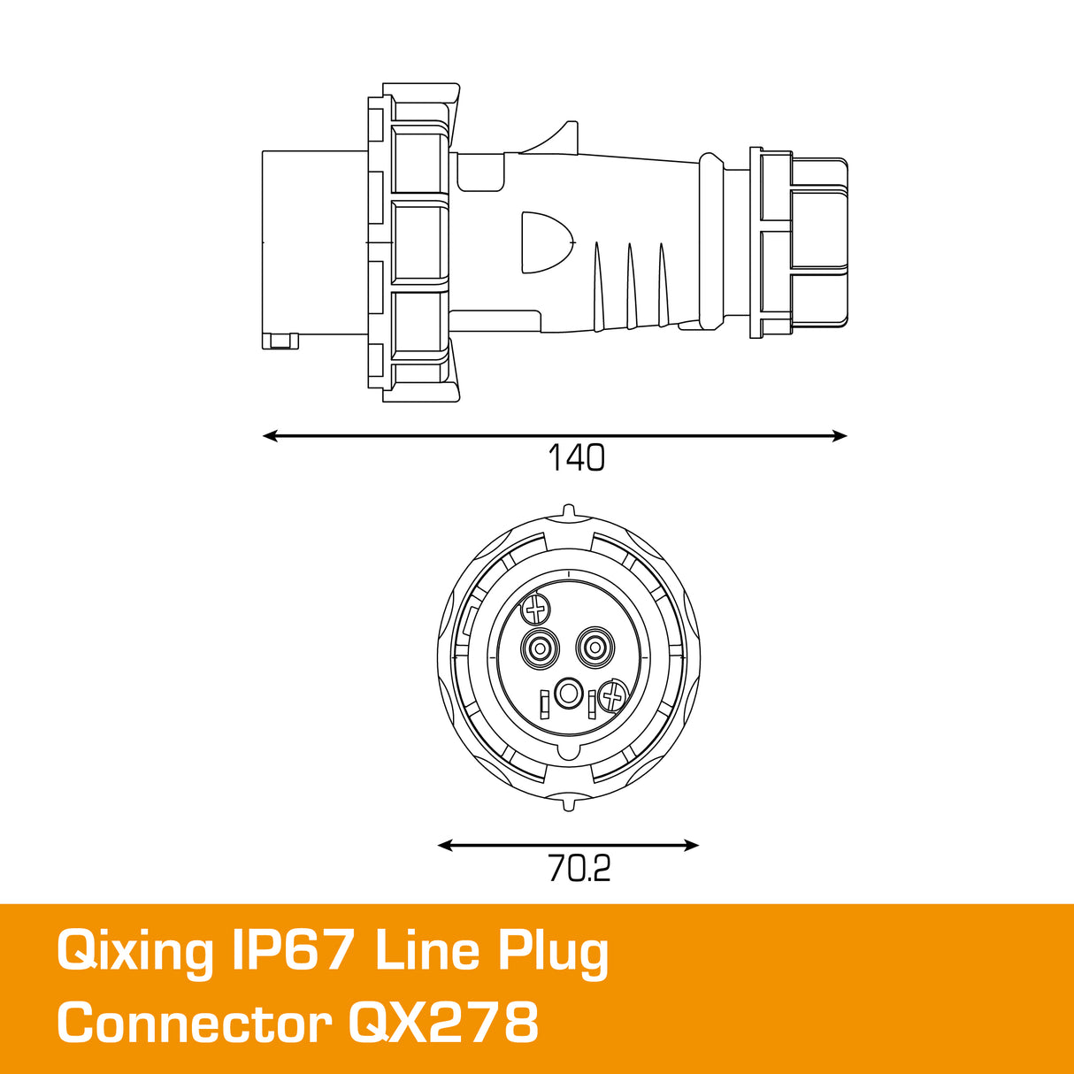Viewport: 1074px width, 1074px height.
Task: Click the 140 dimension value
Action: pos(576,458)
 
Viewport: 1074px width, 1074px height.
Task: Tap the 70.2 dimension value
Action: pos(579,869)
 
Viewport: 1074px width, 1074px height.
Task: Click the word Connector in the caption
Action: pos(194,1024)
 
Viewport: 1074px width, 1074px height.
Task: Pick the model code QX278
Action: pos(443,1024)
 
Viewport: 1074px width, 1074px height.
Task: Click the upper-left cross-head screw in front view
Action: pos(536,609)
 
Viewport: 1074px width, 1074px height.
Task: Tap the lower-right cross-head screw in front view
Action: pos(612,696)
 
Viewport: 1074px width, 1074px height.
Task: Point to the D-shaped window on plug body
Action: pos(545,242)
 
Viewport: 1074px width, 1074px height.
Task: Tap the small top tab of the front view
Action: pos(568,511)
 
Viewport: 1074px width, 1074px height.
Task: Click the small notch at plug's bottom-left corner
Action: pos(282,341)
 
